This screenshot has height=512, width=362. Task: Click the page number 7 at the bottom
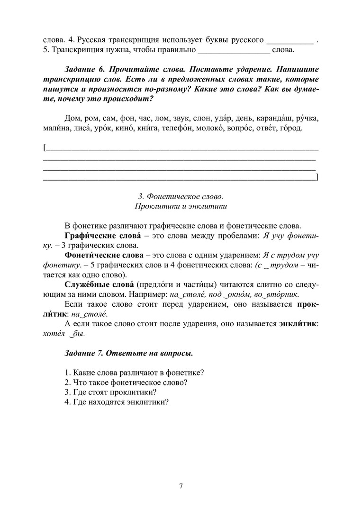(181, 485)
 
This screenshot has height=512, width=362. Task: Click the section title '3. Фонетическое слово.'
(181, 196)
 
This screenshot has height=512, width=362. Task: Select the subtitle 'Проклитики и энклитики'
(181, 206)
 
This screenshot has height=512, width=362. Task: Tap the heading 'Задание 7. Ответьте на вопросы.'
(128, 354)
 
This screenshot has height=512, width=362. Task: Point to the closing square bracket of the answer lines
(317, 178)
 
